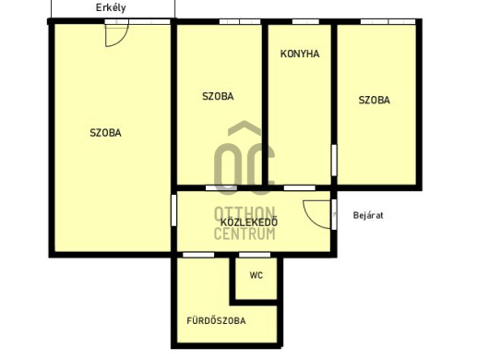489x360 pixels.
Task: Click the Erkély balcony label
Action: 111,7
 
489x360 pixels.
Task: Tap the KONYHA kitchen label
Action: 300,54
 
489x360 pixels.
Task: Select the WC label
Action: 256,275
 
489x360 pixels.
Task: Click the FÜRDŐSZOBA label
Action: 216,320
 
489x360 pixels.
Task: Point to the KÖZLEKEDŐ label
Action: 249,222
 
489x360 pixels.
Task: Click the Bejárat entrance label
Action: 368,215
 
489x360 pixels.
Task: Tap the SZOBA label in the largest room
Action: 105,133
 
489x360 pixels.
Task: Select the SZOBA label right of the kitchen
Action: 374,100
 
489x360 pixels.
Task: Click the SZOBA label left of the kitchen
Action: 218,96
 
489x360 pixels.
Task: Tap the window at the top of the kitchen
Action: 305,21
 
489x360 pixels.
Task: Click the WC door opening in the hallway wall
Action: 255,255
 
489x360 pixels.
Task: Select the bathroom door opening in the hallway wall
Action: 198,255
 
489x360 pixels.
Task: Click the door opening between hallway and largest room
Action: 173,210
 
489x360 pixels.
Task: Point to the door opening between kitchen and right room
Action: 334,160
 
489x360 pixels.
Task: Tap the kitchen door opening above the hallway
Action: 299,187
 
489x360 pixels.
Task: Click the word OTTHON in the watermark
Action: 244,213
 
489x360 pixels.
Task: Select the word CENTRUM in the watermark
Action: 244,234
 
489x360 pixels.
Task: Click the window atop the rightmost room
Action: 388,21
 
